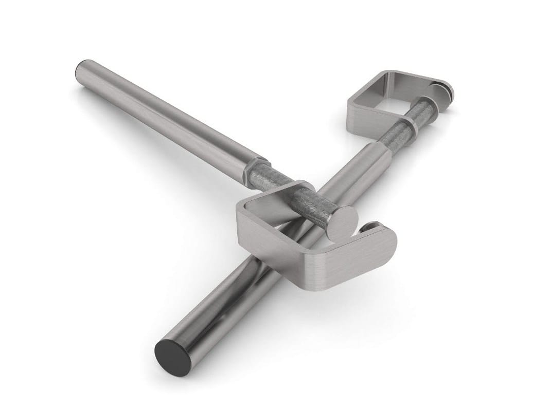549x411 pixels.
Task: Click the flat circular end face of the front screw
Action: pos(342,224)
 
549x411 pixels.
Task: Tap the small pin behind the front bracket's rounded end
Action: pos(373,226)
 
